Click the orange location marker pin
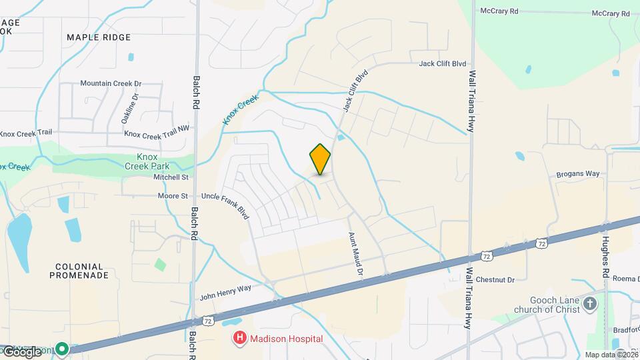320,159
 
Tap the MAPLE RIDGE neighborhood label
99,37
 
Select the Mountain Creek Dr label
111,83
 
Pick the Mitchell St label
171,177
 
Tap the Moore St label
173,196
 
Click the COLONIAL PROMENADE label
80,270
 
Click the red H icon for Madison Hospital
239,339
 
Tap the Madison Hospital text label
286,339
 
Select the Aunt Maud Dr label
355,254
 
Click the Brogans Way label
578,174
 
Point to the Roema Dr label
627,279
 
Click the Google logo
22,351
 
